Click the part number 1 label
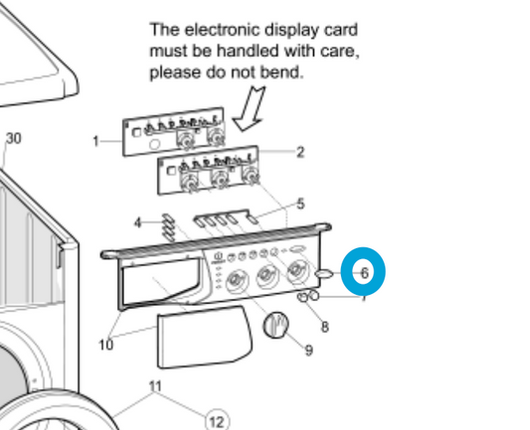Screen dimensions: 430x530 (96, 141)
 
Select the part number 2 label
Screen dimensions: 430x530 (300, 152)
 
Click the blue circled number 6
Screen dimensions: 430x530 (363, 271)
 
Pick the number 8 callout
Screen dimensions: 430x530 (324, 327)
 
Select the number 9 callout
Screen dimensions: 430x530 (308, 350)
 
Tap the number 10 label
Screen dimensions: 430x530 (105, 346)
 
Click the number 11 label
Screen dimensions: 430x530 (154, 385)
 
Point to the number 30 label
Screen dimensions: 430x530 (13, 138)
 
